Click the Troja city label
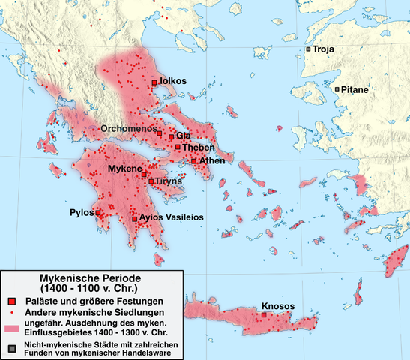point(324,49)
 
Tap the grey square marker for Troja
point(307,49)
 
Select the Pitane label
point(355,89)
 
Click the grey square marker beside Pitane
point(337,89)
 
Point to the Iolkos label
point(172,81)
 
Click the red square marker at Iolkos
point(154,82)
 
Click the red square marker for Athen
point(193,160)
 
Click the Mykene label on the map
point(124,170)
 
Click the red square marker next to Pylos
point(98,213)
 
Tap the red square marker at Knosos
point(265,316)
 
